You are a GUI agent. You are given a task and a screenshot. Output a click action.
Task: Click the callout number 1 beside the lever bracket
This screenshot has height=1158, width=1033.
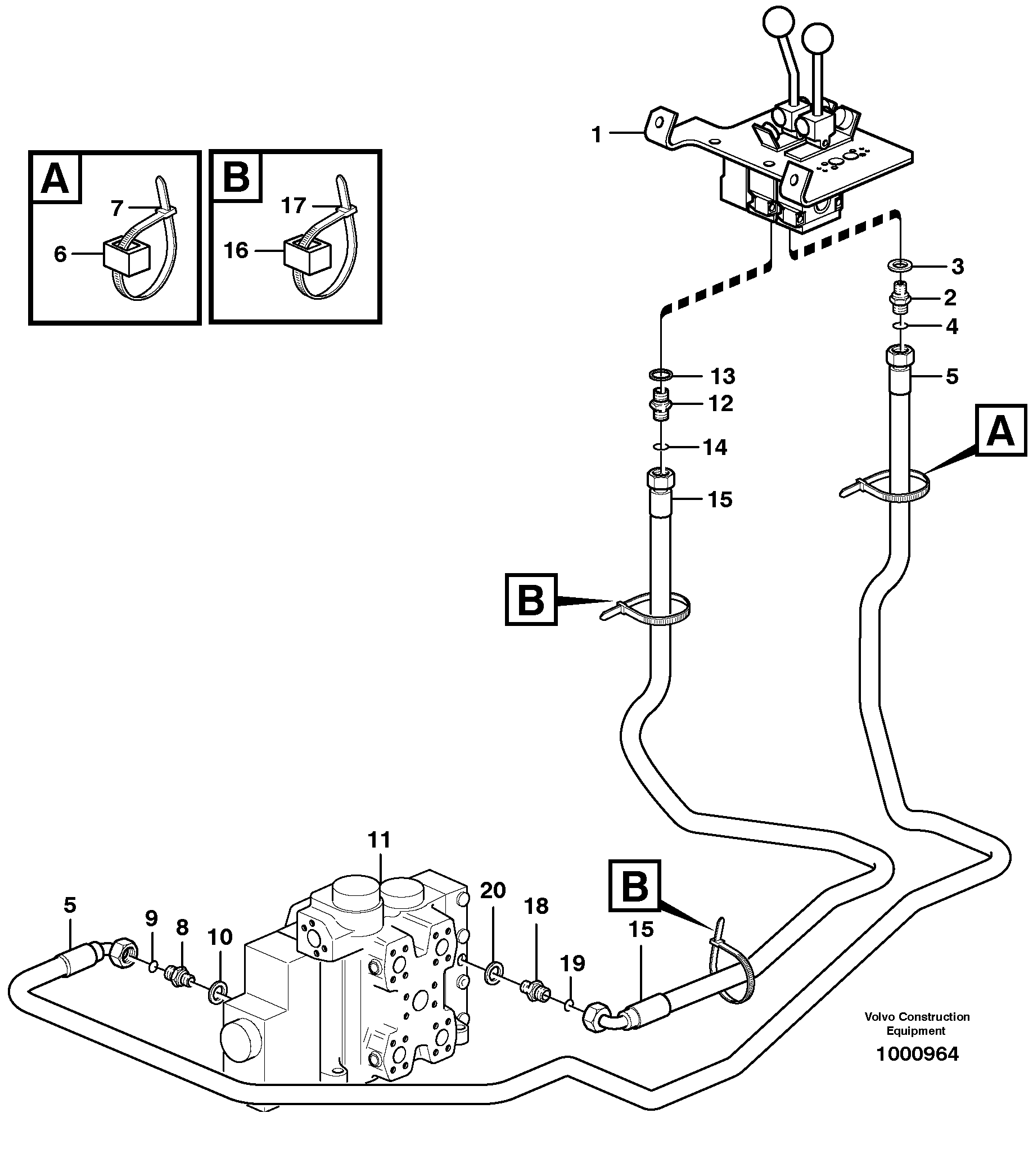(x=596, y=135)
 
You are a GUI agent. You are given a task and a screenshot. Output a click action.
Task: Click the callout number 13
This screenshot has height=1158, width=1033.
(x=723, y=376)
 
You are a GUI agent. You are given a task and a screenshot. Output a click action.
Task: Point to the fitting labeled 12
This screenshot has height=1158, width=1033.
(x=660, y=404)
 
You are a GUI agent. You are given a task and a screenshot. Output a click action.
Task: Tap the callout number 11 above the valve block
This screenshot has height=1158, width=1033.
(x=379, y=840)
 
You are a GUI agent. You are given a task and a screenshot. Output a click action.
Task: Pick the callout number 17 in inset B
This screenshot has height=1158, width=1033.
(x=294, y=205)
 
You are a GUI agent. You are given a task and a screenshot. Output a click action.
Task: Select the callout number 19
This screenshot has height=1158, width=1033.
(x=572, y=963)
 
